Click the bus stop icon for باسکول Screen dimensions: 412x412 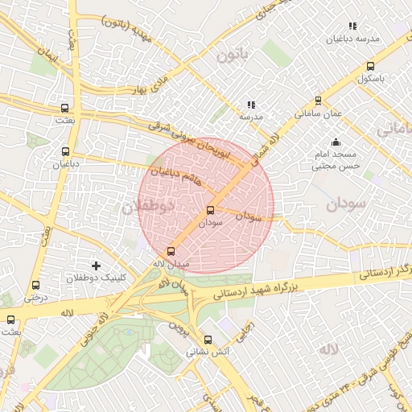(x=370, y=67)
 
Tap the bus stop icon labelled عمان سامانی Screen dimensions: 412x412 (x=318, y=101)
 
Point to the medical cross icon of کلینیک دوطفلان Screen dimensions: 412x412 (x=97, y=265)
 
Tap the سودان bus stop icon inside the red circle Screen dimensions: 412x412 (x=211, y=210)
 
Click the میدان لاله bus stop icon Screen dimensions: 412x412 (x=170, y=252)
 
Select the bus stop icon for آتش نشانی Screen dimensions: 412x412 (x=208, y=340)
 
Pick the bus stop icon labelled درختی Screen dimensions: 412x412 (x=35, y=285)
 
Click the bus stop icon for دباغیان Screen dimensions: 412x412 (x=65, y=150)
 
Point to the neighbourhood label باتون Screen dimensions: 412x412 (x=229, y=55)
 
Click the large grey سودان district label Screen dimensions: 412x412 (x=345, y=204)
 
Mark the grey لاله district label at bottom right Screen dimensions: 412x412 (x=328, y=348)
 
